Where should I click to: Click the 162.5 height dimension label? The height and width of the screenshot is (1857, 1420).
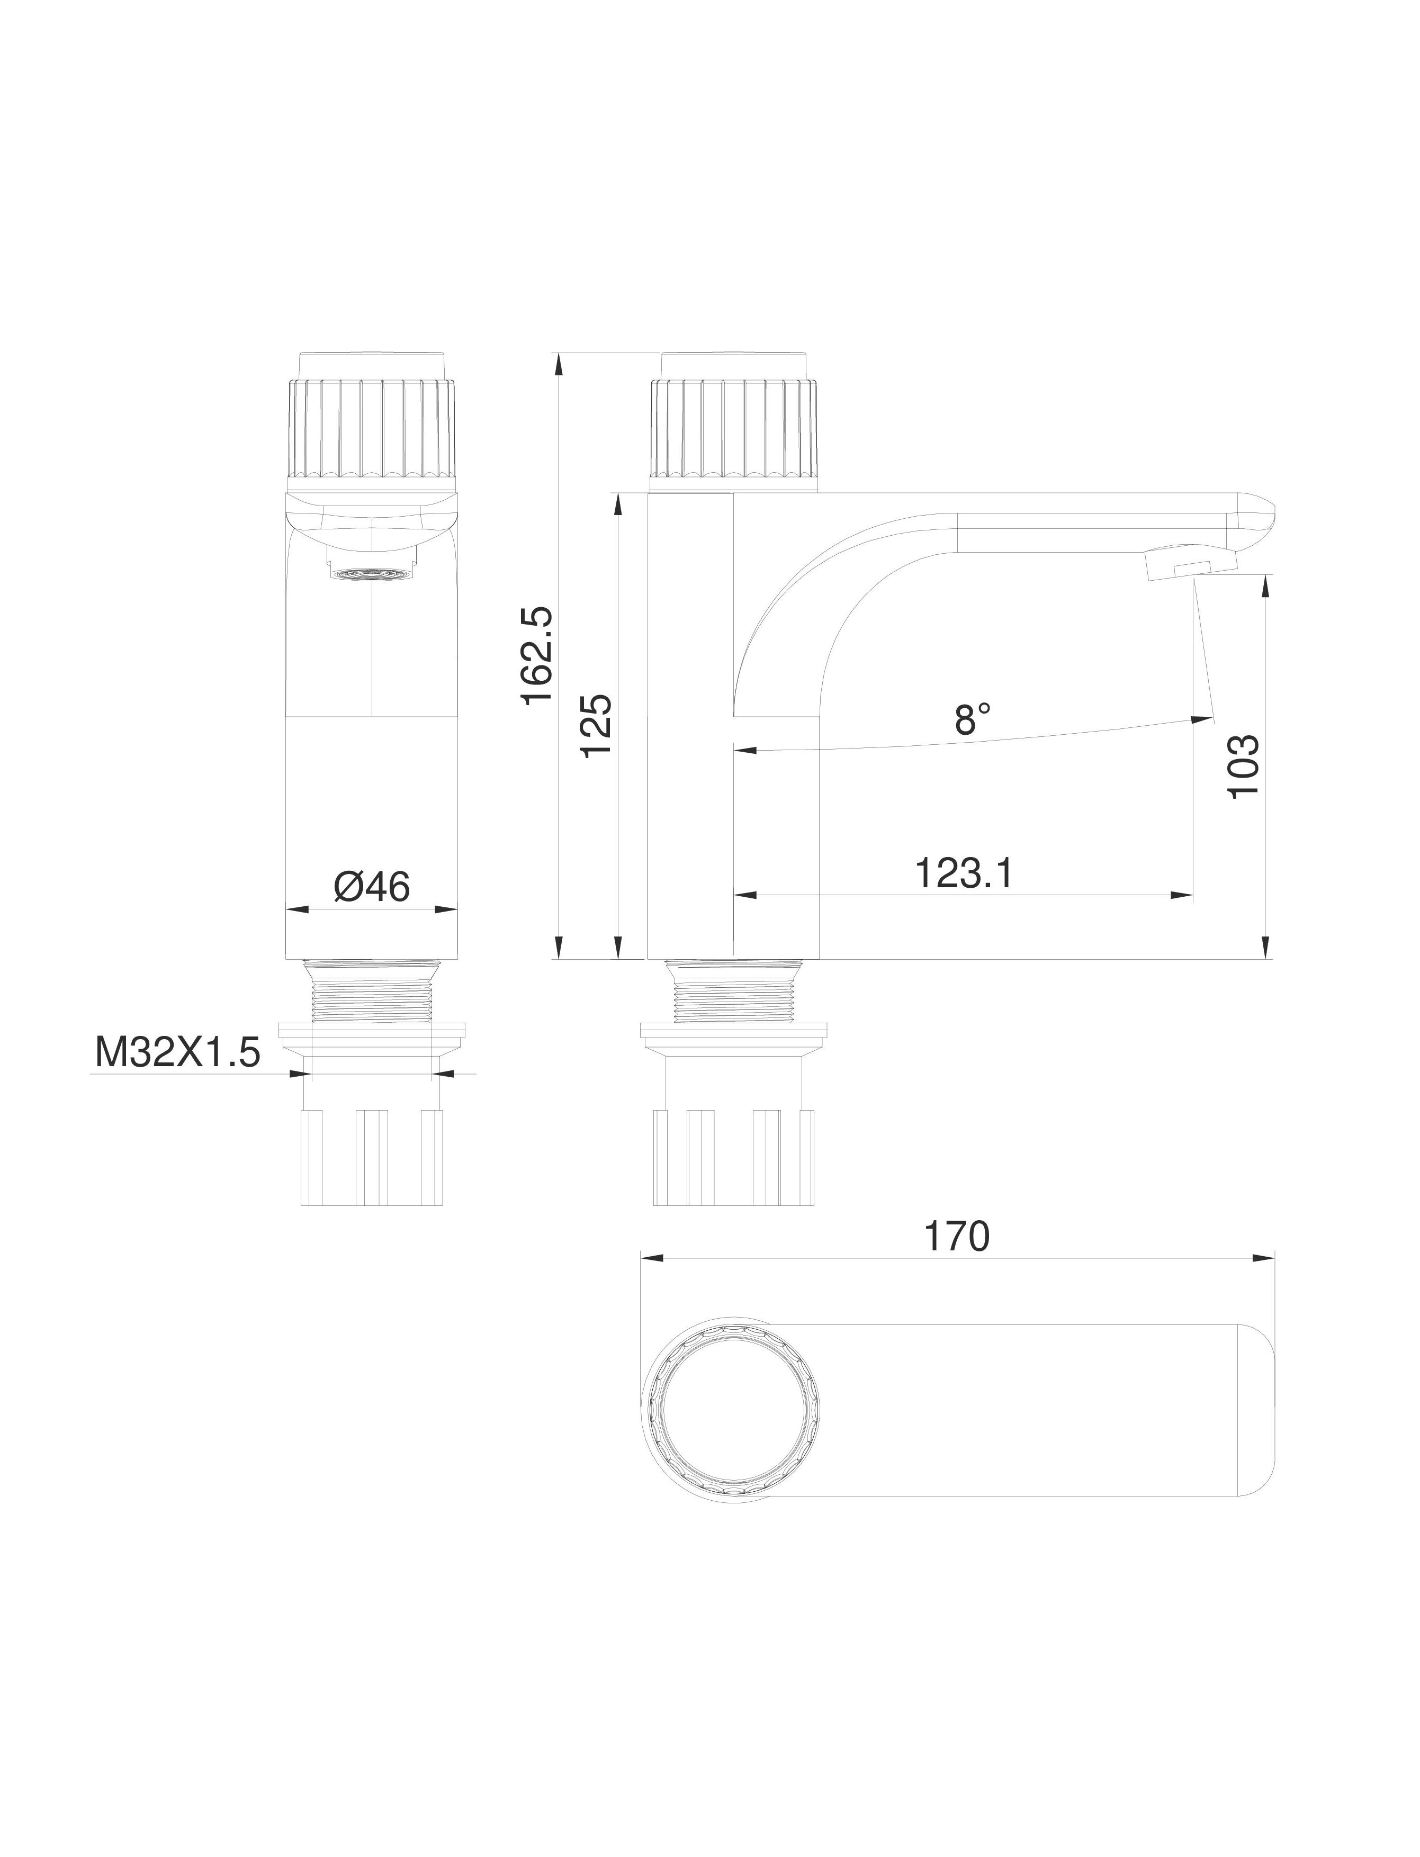click(x=537, y=655)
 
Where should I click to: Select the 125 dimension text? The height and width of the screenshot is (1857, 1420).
click(x=598, y=727)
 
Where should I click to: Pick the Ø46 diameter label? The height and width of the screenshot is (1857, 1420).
click(x=372, y=887)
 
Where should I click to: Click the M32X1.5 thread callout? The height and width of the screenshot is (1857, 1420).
click(x=177, y=1053)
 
